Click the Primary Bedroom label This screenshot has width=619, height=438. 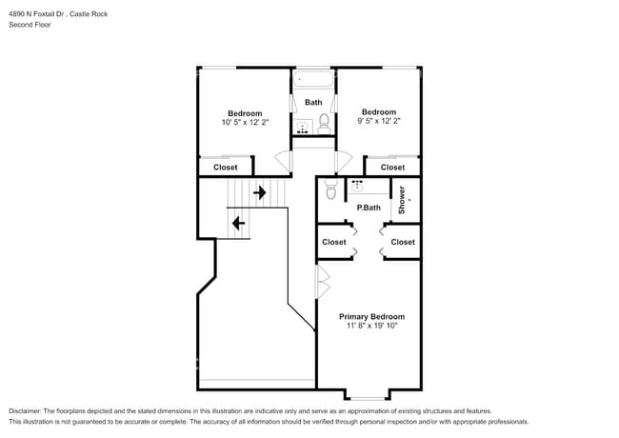pos(371,316)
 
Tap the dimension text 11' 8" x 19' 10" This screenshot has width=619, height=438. pos(371,326)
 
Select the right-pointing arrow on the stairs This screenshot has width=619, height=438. pos(259,192)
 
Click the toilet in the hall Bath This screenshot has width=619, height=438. pos(325,122)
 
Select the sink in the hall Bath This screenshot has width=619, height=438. pos(303,127)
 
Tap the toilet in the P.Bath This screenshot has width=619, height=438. pos(330,190)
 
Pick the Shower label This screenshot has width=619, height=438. pos(402,199)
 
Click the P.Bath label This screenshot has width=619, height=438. pos(369,208)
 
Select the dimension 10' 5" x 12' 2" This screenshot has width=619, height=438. pos(244,122)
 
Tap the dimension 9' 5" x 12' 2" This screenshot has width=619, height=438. pos(378,121)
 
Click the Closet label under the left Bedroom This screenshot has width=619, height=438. pos(226,168)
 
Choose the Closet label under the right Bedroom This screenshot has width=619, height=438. pos(392,168)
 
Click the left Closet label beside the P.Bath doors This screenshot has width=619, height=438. pos(334,242)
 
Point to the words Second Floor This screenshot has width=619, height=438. pos(30,24)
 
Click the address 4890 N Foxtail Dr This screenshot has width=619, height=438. pos(38,11)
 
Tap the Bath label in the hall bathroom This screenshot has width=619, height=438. pos(313,102)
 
